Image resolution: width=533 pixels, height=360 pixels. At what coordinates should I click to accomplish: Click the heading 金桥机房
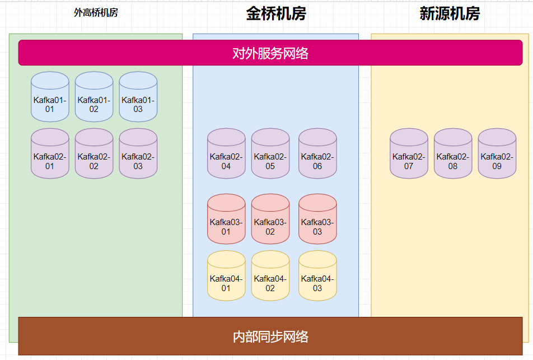276,14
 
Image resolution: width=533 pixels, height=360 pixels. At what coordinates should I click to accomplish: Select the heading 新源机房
450,14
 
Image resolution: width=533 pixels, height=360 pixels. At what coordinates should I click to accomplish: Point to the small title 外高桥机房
96,12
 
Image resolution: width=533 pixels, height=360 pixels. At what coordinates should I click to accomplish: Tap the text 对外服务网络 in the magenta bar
270,53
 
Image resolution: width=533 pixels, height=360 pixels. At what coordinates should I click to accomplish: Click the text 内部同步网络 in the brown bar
270,336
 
